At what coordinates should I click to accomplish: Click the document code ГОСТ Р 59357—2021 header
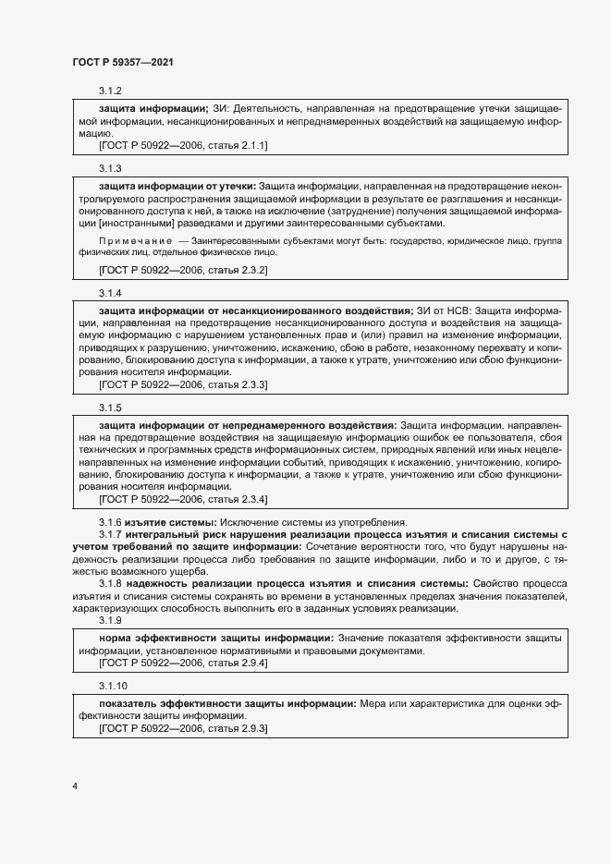click(x=123, y=62)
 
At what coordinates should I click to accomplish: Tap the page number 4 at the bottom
click(x=74, y=786)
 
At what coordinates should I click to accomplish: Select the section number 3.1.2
click(x=110, y=91)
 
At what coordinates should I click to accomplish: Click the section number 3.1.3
click(x=110, y=168)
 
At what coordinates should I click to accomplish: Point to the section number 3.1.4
click(x=110, y=293)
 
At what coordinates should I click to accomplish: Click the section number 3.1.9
click(x=110, y=621)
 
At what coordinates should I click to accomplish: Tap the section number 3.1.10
click(x=113, y=687)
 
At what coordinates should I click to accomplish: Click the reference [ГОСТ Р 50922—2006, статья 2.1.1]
click(x=183, y=145)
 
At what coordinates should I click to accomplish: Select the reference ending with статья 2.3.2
click(x=183, y=270)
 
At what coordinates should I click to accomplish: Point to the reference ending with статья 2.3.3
click(x=183, y=383)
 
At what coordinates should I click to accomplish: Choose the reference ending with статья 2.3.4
click(x=183, y=499)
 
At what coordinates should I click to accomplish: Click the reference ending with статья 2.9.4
click(x=183, y=663)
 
